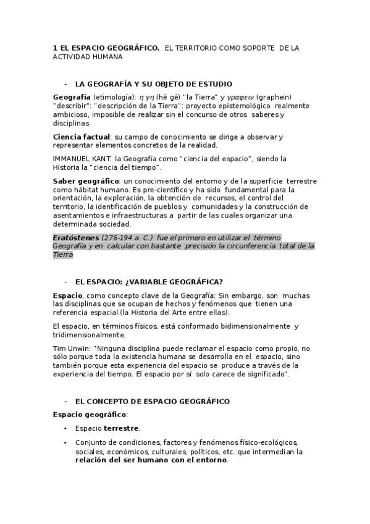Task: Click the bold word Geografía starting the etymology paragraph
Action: (72, 97)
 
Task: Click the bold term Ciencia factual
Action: (82, 137)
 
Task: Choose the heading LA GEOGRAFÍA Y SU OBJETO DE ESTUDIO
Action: (153, 83)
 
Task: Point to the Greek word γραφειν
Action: (238, 97)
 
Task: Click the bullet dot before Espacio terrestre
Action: (65, 428)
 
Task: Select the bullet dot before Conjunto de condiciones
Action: (65, 442)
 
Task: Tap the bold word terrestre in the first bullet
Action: (121, 428)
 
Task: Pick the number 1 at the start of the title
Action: (55, 47)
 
